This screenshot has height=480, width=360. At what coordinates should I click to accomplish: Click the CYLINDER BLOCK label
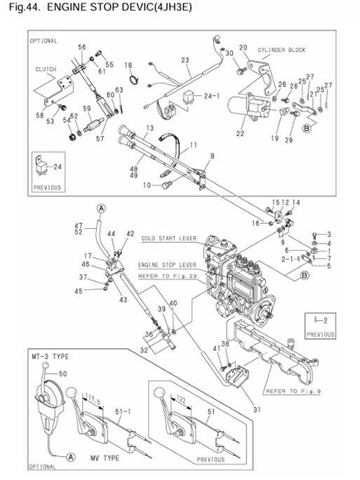point(281,51)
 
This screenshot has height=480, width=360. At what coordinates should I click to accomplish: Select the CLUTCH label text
point(46,69)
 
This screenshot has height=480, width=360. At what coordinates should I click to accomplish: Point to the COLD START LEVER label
point(169,238)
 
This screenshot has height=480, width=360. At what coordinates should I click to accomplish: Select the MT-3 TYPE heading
point(50,356)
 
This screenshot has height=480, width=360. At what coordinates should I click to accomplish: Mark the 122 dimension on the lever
point(185,397)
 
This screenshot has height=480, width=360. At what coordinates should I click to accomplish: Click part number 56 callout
point(82,47)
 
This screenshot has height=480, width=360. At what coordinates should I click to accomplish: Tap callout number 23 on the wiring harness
point(185,60)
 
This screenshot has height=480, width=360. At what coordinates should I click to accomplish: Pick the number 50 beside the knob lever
point(63,374)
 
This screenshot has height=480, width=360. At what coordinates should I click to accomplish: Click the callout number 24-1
point(211,95)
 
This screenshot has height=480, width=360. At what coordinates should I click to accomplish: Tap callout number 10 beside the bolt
point(147,186)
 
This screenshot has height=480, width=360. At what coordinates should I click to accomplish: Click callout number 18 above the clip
point(128,65)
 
